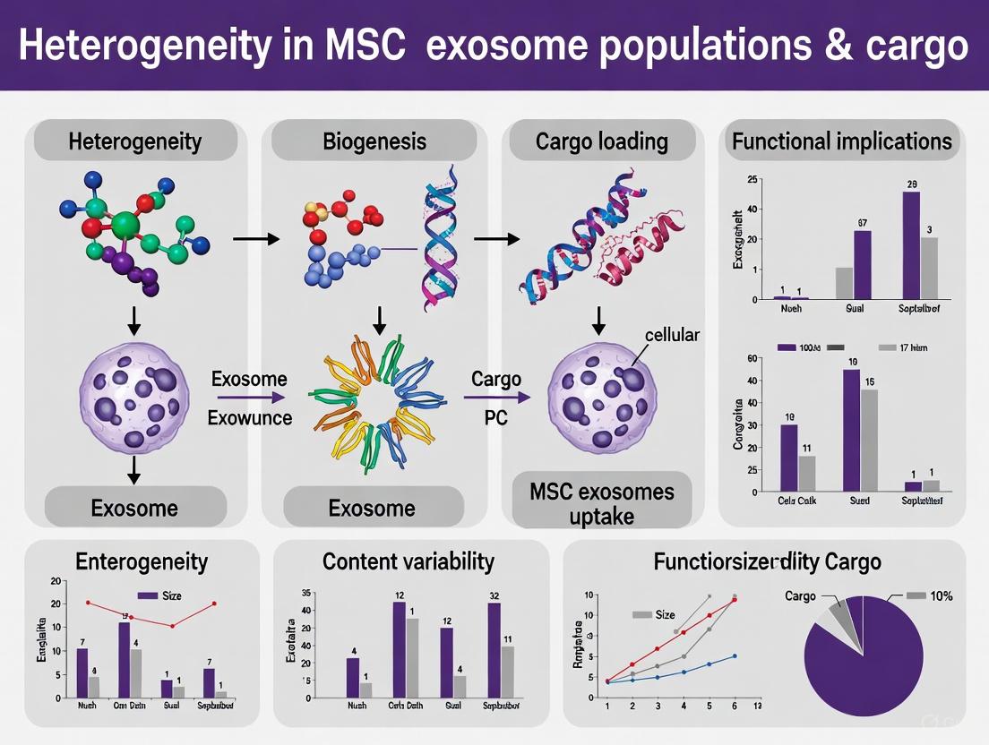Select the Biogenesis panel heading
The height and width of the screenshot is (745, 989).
point(374,141)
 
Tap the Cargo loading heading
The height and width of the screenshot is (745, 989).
point(601,141)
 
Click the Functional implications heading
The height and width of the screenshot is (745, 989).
point(841,141)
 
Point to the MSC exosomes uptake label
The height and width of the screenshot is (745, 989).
point(601,503)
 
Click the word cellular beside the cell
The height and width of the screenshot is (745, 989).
point(672,335)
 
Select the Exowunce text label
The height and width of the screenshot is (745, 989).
point(250,417)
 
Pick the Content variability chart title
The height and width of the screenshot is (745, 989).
point(408,561)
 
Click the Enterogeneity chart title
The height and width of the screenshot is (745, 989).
point(142,561)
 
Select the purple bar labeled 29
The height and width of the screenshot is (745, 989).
point(911,244)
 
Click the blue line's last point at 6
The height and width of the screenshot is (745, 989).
point(735,655)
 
